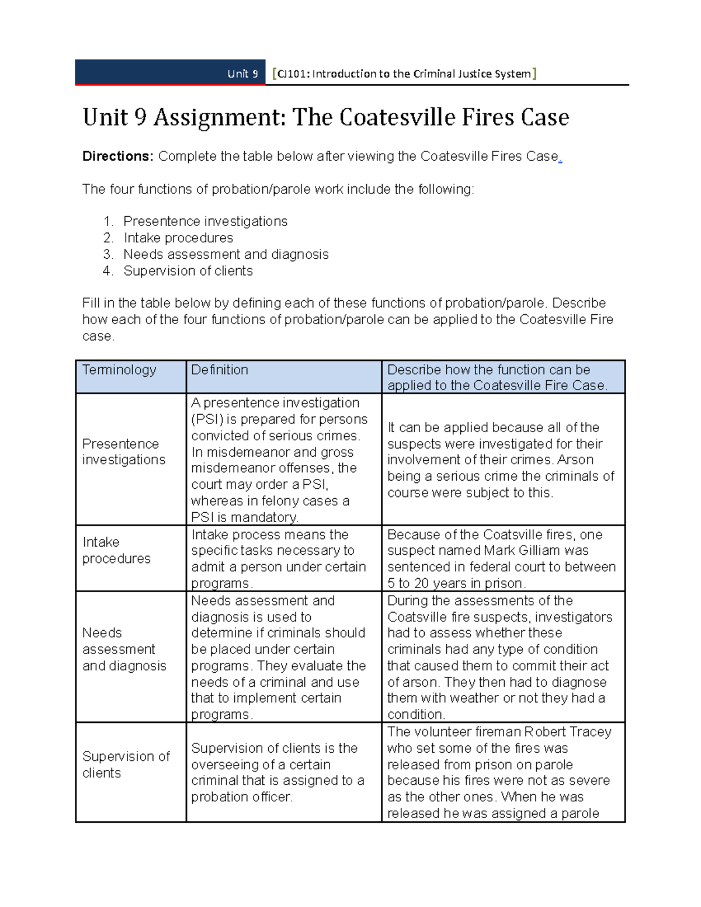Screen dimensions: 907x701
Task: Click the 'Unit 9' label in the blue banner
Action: (242, 74)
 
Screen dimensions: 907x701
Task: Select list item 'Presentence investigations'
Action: (205, 221)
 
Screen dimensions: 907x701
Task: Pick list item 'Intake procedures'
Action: (178, 238)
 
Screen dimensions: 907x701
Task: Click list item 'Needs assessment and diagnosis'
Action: (225, 254)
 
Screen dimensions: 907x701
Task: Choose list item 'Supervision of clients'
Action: (188, 271)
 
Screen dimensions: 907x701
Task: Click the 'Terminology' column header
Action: (119, 370)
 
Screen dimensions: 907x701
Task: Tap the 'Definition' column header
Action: (220, 370)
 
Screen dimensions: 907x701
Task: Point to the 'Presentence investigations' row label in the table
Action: (123, 451)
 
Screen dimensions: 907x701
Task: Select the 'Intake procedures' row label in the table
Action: (116, 550)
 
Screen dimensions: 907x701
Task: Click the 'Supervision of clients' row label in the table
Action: (126, 764)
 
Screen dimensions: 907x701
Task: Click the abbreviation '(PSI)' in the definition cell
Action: (207, 419)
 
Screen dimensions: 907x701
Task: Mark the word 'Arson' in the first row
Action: (575, 460)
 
